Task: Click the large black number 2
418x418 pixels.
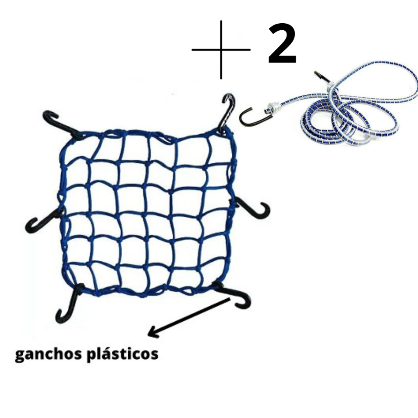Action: (x=282, y=45)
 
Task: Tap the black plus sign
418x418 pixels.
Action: (x=221, y=50)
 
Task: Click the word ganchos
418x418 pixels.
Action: (x=49, y=354)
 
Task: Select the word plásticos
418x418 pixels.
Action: (x=123, y=354)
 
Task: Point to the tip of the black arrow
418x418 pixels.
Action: (x=149, y=336)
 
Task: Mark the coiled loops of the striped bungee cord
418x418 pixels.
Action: (x=351, y=118)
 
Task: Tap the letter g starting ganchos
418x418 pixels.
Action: (x=20, y=355)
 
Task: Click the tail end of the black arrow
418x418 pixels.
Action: (x=229, y=300)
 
